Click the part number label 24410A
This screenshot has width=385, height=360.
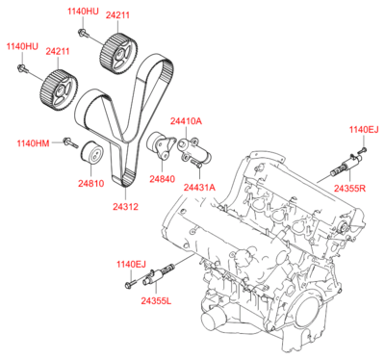(186, 121)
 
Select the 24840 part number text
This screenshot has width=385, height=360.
(163, 178)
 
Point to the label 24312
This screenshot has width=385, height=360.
(124, 205)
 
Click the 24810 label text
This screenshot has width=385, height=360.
(91, 181)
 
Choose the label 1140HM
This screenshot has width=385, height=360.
(32, 143)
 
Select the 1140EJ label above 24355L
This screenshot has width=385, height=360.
(131, 264)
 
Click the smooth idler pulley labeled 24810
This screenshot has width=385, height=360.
(92, 153)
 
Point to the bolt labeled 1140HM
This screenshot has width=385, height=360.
(68, 143)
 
